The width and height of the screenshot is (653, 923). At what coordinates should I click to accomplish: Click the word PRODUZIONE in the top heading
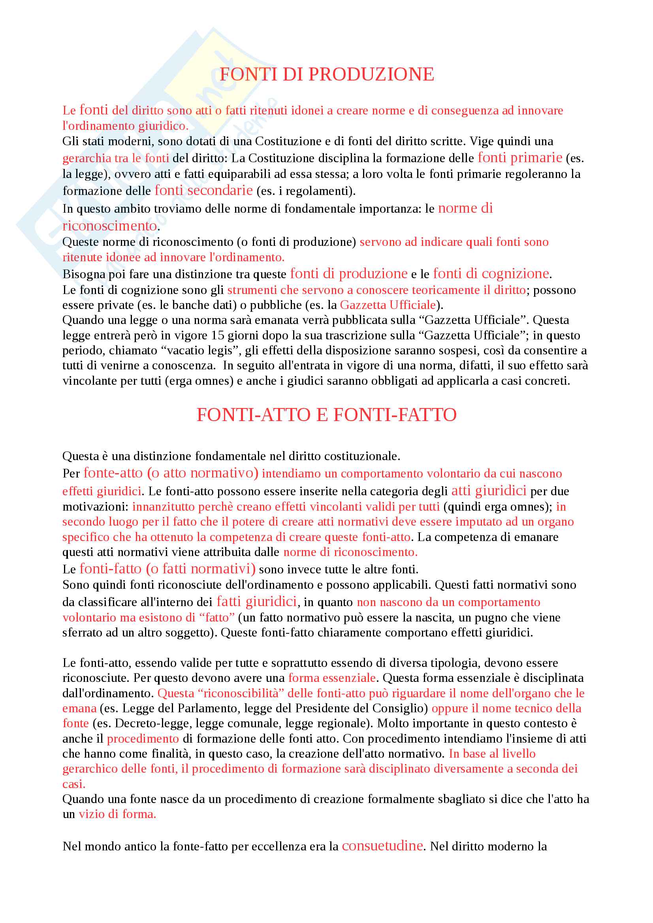(371, 74)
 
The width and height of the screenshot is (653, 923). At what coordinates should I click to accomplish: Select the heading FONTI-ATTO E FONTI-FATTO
(326, 415)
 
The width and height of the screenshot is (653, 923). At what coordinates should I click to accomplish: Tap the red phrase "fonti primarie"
(520, 157)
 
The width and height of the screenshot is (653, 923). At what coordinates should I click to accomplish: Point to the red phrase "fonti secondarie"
(203, 190)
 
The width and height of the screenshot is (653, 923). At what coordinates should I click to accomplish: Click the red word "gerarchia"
(86, 158)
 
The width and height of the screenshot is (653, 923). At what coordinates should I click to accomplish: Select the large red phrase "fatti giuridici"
(257, 601)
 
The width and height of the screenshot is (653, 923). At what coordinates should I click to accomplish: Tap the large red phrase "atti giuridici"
(489, 491)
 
